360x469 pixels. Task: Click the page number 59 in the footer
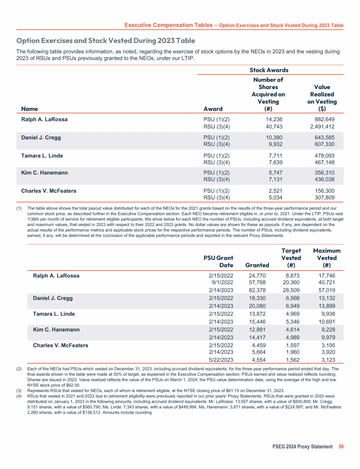pos(341,446)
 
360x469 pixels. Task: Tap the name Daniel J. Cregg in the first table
pos(41,137)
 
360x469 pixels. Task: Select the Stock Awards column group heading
pos(269,70)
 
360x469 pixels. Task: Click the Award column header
pos(212,109)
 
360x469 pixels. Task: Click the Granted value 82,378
pos(259,291)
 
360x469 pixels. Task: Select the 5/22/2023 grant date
pos(220,360)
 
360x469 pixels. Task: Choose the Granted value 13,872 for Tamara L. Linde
pos(259,314)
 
